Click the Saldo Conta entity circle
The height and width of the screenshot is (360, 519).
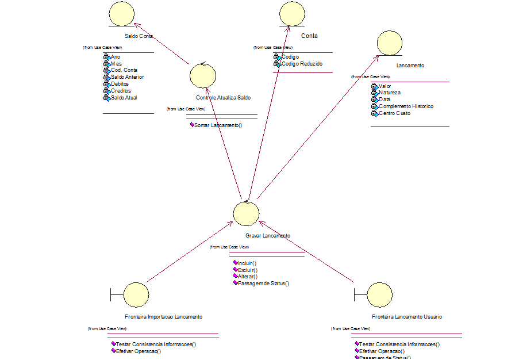tap(122, 13)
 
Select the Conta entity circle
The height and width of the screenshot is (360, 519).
tap(292, 13)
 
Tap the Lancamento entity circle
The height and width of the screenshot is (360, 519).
tap(390, 43)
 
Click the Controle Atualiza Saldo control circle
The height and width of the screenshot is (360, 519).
tap(203, 75)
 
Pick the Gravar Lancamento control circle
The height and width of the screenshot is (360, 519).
tap(246, 213)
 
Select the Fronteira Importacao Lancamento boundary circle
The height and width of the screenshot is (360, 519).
tap(136, 294)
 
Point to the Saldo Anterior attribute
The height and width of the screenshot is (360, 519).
tap(127, 77)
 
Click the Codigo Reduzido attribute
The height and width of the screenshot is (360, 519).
tap(302, 64)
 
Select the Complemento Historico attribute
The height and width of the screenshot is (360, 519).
tap(406, 106)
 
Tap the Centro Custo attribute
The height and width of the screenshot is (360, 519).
tap(394, 113)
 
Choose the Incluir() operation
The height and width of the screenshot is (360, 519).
tap(247, 263)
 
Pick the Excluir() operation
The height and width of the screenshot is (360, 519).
tap(247, 270)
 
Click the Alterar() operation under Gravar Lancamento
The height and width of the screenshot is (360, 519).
tap(247, 277)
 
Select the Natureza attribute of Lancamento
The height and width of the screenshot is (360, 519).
tap(390, 93)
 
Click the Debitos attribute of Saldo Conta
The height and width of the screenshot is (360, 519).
tap(120, 84)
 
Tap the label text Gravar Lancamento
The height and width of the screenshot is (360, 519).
tap(267, 236)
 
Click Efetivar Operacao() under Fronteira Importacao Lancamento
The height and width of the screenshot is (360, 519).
tap(139, 351)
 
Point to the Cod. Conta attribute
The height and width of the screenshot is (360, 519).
tap(124, 70)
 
